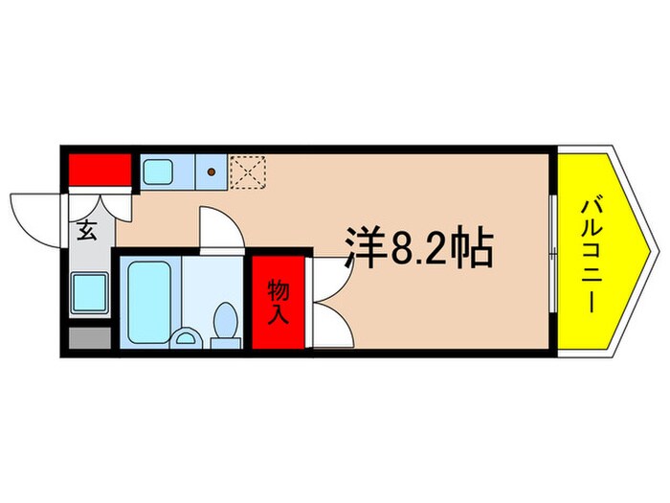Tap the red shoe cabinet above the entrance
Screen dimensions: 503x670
coord(99,170)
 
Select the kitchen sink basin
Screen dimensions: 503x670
coord(158,173)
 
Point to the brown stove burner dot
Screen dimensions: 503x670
coord(211,173)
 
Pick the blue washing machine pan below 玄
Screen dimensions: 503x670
coord(90,289)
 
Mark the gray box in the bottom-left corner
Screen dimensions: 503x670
coord(88,337)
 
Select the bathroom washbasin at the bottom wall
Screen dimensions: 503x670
coord(189,336)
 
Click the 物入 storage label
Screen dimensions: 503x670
coord(279,301)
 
